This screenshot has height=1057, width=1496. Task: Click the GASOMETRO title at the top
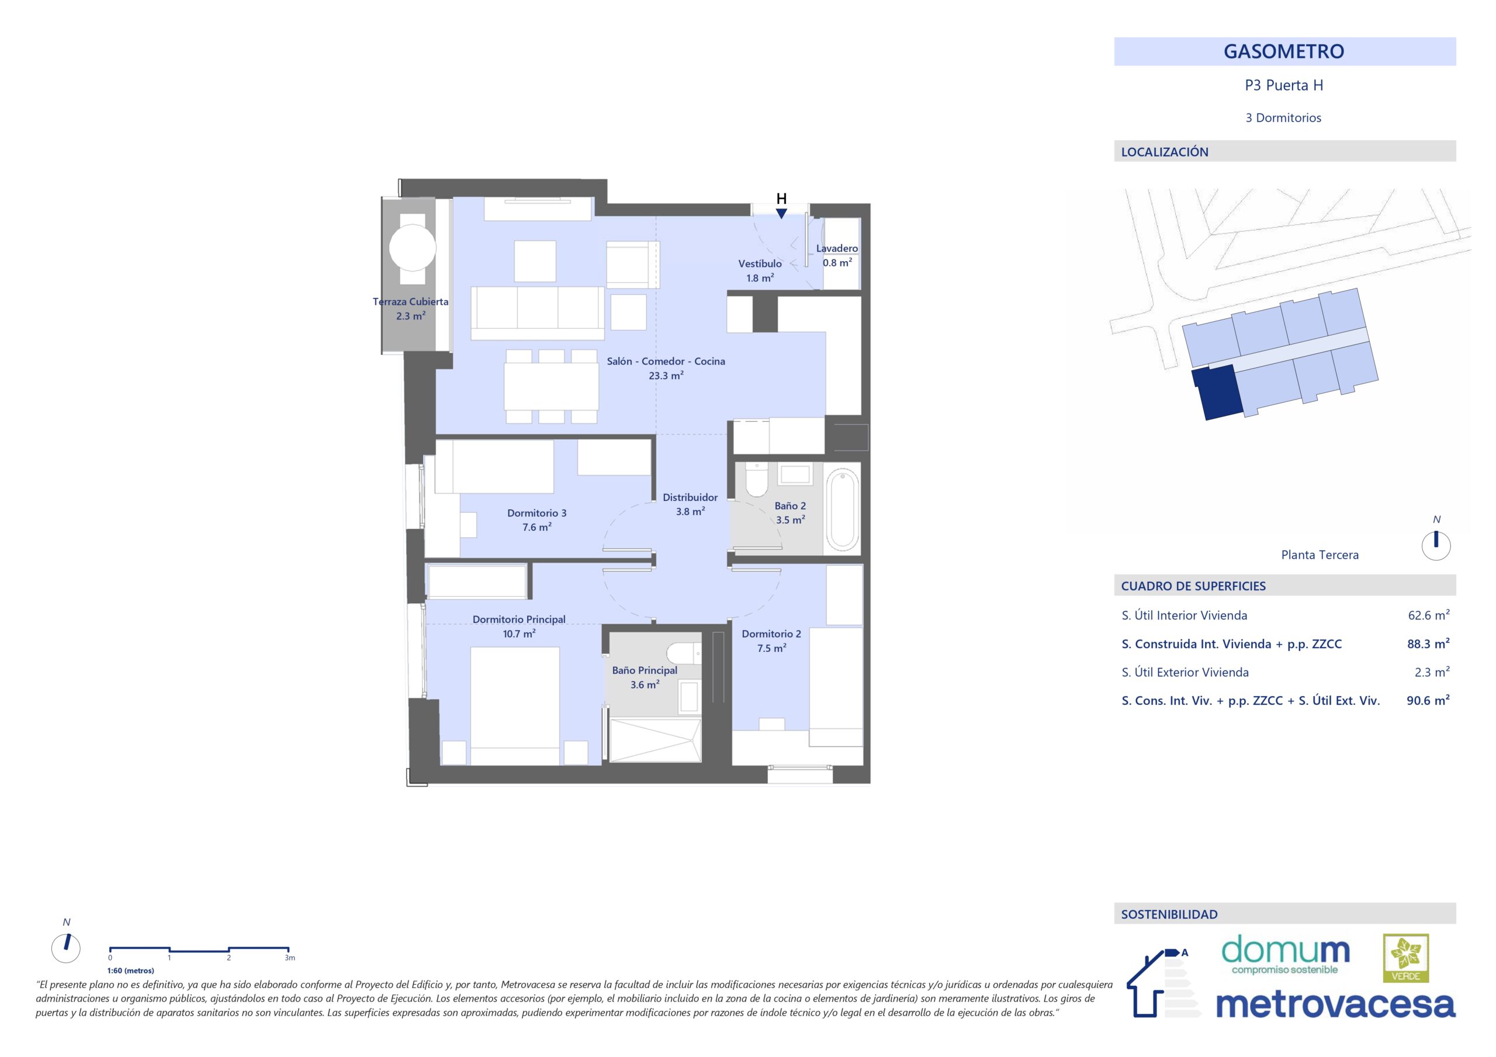[x=1284, y=51]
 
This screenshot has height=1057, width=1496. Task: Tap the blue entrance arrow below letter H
[x=781, y=214]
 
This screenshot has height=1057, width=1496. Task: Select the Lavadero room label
[x=837, y=248]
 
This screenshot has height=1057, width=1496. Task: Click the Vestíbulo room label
[x=760, y=264]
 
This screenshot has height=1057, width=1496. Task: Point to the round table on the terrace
[x=413, y=248]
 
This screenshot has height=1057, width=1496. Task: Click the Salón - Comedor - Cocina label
[x=666, y=361]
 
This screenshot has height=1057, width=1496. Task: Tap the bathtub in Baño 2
[x=843, y=509]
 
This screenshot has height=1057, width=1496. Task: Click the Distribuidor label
[x=690, y=498]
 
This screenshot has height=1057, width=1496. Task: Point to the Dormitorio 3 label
[x=537, y=513]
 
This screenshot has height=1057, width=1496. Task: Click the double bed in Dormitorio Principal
[x=515, y=706]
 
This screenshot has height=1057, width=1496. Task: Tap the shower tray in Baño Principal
[x=656, y=740]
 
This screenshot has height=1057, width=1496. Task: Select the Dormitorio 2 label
[x=771, y=634]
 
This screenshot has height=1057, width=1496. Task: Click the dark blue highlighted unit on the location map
[x=1216, y=392]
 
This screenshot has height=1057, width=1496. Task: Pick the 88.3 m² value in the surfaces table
[x=1428, y=644]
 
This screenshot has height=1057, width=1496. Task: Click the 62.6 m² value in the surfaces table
[x=1429, y=616]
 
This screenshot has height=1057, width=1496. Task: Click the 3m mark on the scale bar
[x=289, y=958]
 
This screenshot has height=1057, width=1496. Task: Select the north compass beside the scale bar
[x=66, y=948]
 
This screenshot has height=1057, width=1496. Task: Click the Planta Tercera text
[x=1320, y=555]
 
